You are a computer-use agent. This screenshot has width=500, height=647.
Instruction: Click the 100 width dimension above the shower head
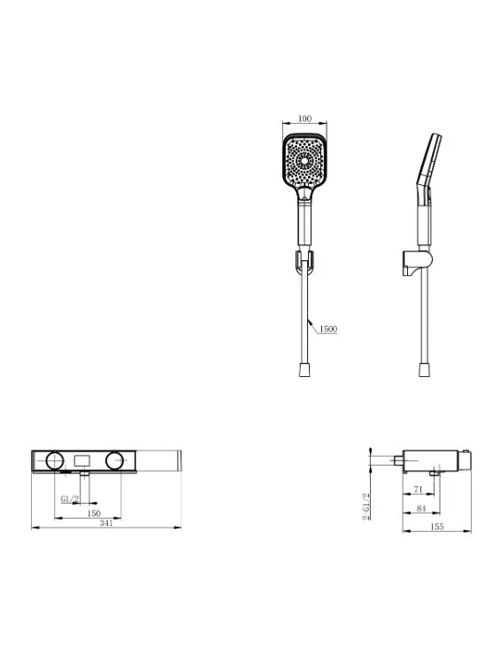(x=304, y=119)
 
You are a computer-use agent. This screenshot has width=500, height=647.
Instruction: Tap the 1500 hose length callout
(x=328, y=329)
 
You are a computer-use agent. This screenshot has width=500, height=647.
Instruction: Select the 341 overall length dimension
(x=106, y=522)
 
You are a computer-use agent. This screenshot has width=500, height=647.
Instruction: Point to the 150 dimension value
(x=94, y=513)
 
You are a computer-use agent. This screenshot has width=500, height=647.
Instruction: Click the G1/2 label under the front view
(x=70, y=499)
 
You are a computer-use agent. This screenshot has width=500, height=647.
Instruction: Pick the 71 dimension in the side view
(x=419, y=489)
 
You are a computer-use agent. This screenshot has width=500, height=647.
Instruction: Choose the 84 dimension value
(x=420, y=508)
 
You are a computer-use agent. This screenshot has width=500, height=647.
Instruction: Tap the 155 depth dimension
(x=436, y=527)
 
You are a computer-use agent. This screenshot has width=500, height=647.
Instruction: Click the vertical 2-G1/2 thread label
(x=365, y=506)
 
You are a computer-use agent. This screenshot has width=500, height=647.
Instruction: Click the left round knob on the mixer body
(x=55, y=460)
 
